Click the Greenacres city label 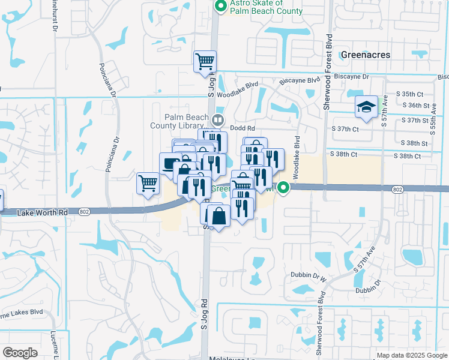(x=365, y=55)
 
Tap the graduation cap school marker (x=366, y=107)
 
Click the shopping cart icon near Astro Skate (x=205, y=61)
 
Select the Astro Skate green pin (x=220, y=7)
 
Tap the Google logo (x=20, y=353)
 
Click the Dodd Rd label (x=241, y=128)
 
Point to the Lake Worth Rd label (x=42, y=212)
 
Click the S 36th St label (x=420, y=105)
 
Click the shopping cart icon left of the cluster (x=148, y=184)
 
